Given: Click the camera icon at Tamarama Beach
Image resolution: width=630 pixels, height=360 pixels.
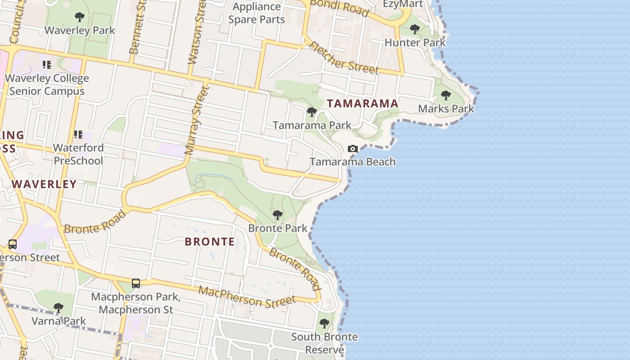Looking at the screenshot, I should [353, 148].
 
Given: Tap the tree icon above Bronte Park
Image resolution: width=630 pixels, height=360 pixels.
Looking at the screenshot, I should [278, 215].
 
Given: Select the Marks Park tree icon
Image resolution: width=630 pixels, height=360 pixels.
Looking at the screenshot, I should [446, 95].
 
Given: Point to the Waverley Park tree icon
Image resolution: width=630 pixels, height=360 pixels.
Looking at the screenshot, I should [80, 18].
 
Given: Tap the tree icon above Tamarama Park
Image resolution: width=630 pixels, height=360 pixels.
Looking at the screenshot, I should [311, 112].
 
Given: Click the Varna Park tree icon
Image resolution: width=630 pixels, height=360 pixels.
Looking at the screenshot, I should [58, 308].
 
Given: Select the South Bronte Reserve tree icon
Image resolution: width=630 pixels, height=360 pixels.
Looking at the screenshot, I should [324, 324].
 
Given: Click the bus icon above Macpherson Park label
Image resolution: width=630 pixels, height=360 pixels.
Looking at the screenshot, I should [136, 283].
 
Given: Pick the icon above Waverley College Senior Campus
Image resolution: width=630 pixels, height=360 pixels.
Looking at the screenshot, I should [47, 65].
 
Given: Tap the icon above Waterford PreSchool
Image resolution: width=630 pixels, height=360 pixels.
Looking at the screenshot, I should [78, 135].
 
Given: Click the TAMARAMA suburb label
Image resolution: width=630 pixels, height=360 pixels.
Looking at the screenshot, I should [363, 103].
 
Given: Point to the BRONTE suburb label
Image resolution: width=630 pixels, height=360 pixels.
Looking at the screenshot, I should [210, 242].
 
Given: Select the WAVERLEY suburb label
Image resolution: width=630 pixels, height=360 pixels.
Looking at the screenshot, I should [44, 184].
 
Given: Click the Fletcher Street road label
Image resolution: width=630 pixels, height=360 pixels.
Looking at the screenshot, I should [344, 58].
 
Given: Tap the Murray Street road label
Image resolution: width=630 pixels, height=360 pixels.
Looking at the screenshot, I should [196, 121].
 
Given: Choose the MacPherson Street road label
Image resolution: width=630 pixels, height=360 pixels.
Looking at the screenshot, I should [247, 297].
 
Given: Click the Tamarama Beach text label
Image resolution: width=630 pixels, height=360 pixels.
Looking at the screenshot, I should [353, 162].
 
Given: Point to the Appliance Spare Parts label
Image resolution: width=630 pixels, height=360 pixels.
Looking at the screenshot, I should [256, 13].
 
